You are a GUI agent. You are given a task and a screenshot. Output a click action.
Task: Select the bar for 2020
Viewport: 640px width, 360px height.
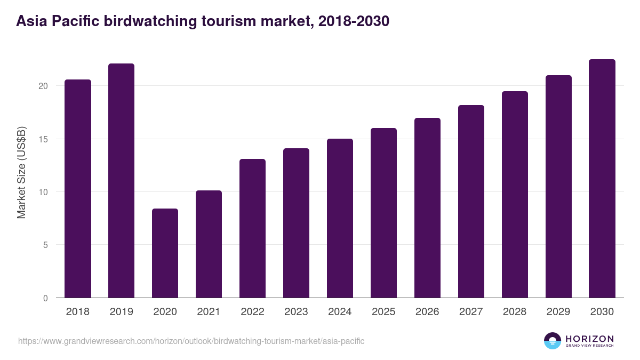pyautogui.click(x=165, y=253)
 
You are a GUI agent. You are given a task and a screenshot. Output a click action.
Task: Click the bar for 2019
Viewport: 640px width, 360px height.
pyautogui.click(x=121, y=181)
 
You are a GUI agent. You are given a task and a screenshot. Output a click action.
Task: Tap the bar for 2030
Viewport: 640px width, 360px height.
pyautogui.click(x=602, y=179)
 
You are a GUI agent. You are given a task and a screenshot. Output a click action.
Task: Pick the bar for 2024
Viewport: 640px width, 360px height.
pyautogui.click(x=340, y=218)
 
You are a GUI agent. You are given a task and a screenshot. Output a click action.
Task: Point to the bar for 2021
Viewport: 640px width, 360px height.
pyautogui.click(x=209, y=244)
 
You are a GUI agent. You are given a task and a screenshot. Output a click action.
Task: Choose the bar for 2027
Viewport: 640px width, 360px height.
pyautogui.click(x=471, y=202)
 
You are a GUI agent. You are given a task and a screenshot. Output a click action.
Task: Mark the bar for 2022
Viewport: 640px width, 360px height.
pyautogui.click(x=252, y=228)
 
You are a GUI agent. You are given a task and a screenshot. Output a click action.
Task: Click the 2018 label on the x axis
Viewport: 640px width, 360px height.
pyautogui.click(x=77, y=312)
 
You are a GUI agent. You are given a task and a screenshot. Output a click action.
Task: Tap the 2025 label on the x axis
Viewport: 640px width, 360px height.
pyautogui.click(x=383, y=312)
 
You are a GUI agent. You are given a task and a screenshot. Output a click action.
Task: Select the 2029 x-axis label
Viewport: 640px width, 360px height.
pyautogui.click(x=558, y=312)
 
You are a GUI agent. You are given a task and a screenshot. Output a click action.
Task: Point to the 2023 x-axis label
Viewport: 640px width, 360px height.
pyautogui.click(x=296, y=312)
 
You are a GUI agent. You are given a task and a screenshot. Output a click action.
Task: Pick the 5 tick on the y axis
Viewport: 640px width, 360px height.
pyautogui.click(x=46, y=245)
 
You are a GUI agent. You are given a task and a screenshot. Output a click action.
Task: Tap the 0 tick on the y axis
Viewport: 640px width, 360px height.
pyautogui.click(x=46, y=298)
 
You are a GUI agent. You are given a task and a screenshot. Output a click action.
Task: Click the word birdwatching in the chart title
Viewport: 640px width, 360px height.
pyautogui.click(x=157, y=21)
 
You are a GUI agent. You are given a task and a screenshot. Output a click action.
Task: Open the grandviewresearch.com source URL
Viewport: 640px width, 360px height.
pyautogui.click(x=191, y=341)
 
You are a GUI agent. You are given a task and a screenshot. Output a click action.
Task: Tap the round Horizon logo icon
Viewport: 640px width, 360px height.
pyautogui.click(x=553, y=341)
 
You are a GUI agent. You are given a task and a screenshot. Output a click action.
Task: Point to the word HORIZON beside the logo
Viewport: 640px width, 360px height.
pyautogui.click(x=589, y=339)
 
